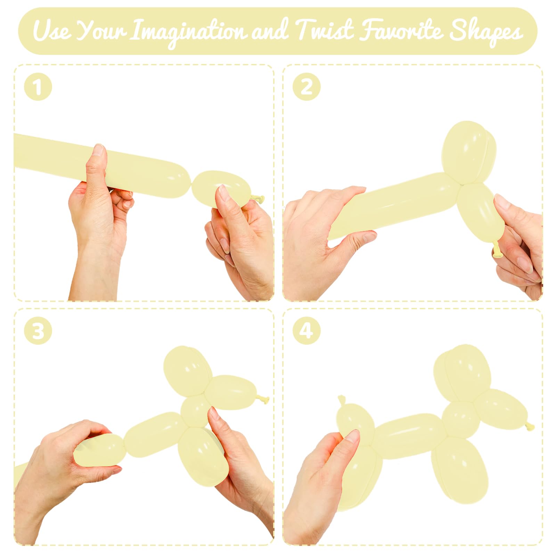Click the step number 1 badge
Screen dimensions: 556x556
tap(38, 87)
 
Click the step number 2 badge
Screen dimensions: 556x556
tap(306, 87)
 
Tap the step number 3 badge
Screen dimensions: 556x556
tap(38, 330)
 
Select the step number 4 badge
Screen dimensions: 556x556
tap(306, 330)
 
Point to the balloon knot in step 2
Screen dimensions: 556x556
tap(496, 249)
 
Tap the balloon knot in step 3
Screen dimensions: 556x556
tap(264, 400)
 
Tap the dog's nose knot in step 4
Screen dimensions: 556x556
tap(530, 426)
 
